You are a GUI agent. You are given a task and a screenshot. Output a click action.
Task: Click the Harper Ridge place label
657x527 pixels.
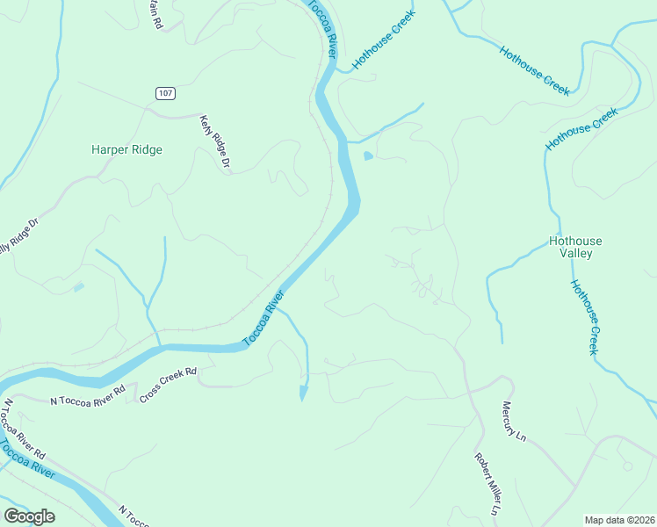click(x=126, y=150)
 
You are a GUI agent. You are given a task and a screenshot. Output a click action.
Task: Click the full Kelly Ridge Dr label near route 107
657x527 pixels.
click(x=215, y=141)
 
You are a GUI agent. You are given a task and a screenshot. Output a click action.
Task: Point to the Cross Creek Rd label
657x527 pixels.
click(x=168, y=386)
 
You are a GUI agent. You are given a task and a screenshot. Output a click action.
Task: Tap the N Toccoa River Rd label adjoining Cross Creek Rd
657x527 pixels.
click(x=88, y=394)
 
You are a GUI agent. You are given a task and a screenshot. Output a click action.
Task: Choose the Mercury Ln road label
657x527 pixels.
click(x=514, y=422)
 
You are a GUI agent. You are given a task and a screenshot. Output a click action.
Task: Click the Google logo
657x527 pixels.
click(x=29, y=516)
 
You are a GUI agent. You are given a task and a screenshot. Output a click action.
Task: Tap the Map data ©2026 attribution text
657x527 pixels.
click(x=618, y=520)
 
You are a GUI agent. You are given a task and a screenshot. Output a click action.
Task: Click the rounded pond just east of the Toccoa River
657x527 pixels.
click(x=367, y=156)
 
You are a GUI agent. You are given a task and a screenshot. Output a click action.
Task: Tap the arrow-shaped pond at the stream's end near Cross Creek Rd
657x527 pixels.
click(x=304, y=392)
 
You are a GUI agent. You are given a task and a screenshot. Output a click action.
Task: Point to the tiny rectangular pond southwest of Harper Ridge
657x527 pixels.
click(x=80, y=287)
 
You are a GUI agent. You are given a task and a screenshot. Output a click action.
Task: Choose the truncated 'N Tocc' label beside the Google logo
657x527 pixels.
click(x=134, y=516)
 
